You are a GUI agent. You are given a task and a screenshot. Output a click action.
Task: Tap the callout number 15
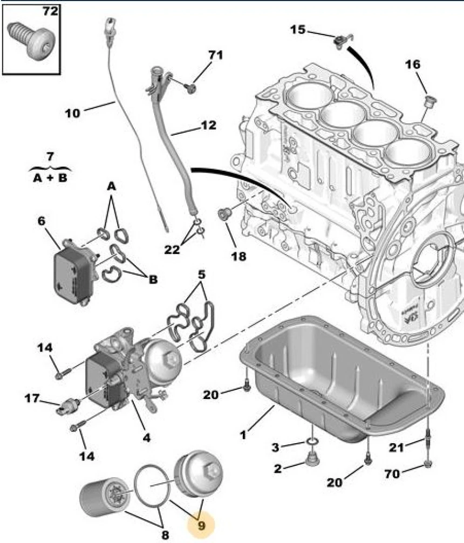tap(297, 29)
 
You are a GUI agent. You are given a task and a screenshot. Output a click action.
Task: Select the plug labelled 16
tap(430, 101)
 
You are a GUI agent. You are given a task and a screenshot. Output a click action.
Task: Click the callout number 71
tap(215, 55)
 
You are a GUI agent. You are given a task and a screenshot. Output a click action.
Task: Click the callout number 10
tap(72, 113)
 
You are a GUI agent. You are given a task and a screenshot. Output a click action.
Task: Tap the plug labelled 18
tap(223, 214)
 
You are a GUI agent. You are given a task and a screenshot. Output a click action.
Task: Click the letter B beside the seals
tap(153, 279)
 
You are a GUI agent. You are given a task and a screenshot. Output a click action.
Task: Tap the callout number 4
tap(146, 437)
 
